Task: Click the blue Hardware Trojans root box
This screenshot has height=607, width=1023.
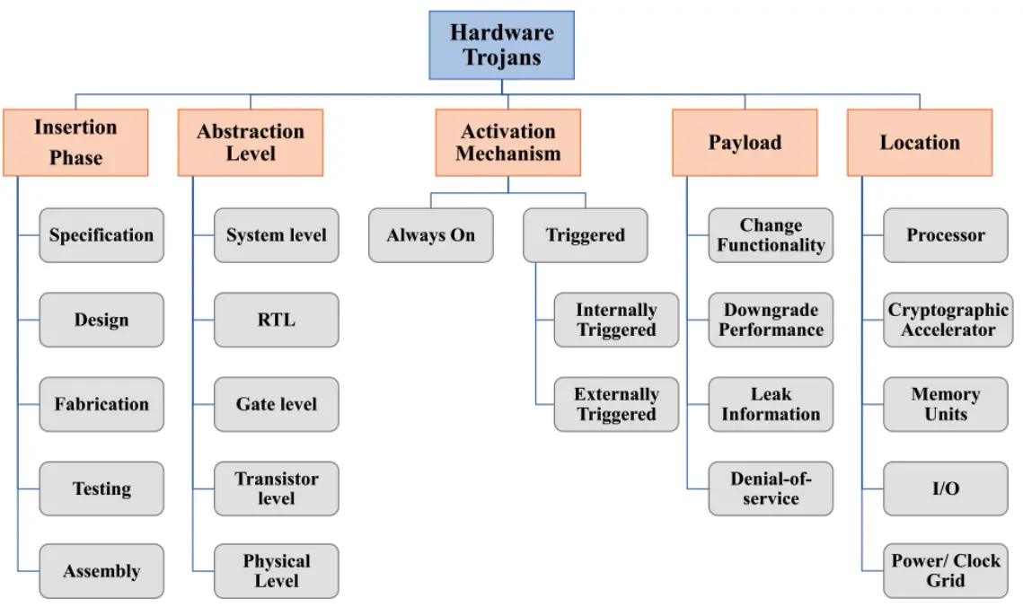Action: pos(502,45)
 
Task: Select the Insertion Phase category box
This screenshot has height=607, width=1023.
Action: pos(75,142)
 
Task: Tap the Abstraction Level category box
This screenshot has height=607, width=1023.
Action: pos(251,142)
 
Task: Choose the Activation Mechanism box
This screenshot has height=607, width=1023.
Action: pos(508,142)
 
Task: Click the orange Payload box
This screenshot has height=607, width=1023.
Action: pos(745,142)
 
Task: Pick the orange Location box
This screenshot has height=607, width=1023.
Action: pos(920,142)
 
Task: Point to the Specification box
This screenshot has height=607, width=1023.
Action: pos(101,235)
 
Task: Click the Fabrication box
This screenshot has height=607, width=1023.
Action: pos(101,404)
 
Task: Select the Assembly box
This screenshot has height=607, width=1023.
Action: pos(101,571)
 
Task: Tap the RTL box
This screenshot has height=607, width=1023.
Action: pos(277,320)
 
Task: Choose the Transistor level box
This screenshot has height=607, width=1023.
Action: pos(277,489)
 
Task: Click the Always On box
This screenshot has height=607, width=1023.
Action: pos(430,235)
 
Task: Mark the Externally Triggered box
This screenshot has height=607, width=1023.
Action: pos(616,404)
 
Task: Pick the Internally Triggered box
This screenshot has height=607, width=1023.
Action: pos(616,320)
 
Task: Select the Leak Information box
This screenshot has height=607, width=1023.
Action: pos(772,404)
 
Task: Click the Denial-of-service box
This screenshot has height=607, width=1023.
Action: pos(772,489)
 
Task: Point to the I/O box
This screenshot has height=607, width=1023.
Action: pos(946,489)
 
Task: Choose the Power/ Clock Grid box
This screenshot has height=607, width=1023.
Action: pos(946,571)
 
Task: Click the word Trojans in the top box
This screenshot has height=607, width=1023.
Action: pos(502,57)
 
